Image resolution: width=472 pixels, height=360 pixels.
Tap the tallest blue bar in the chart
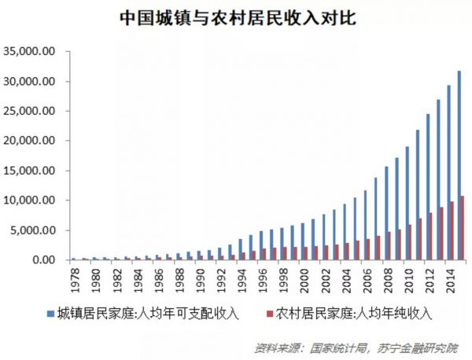click(459, 166)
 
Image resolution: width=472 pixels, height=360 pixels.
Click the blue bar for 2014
click(448, 173)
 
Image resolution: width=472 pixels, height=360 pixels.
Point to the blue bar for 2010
click(407, 204)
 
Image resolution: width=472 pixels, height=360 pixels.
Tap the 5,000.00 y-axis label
click(32, 230)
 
